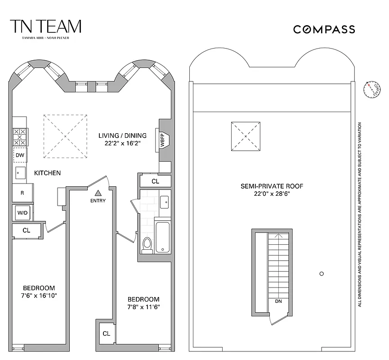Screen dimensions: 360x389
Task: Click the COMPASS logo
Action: tap(324, 30)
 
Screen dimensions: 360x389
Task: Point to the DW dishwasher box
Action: tap(20, 155)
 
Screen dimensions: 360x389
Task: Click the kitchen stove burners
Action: tap(20, 136)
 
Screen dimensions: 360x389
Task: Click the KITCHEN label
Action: tap(47, 173)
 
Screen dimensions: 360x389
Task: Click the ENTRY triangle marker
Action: tap(97, 193)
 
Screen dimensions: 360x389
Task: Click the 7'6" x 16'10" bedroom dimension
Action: tap(39, 296)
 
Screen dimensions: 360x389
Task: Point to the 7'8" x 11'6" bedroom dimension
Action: tap(143, 307)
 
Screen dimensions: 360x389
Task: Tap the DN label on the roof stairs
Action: tap(278, 301)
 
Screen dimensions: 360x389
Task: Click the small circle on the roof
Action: tap(321, 273)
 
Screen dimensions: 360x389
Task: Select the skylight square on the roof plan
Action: tap(246, 136)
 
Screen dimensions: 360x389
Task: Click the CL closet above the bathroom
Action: tap(155, 181)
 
